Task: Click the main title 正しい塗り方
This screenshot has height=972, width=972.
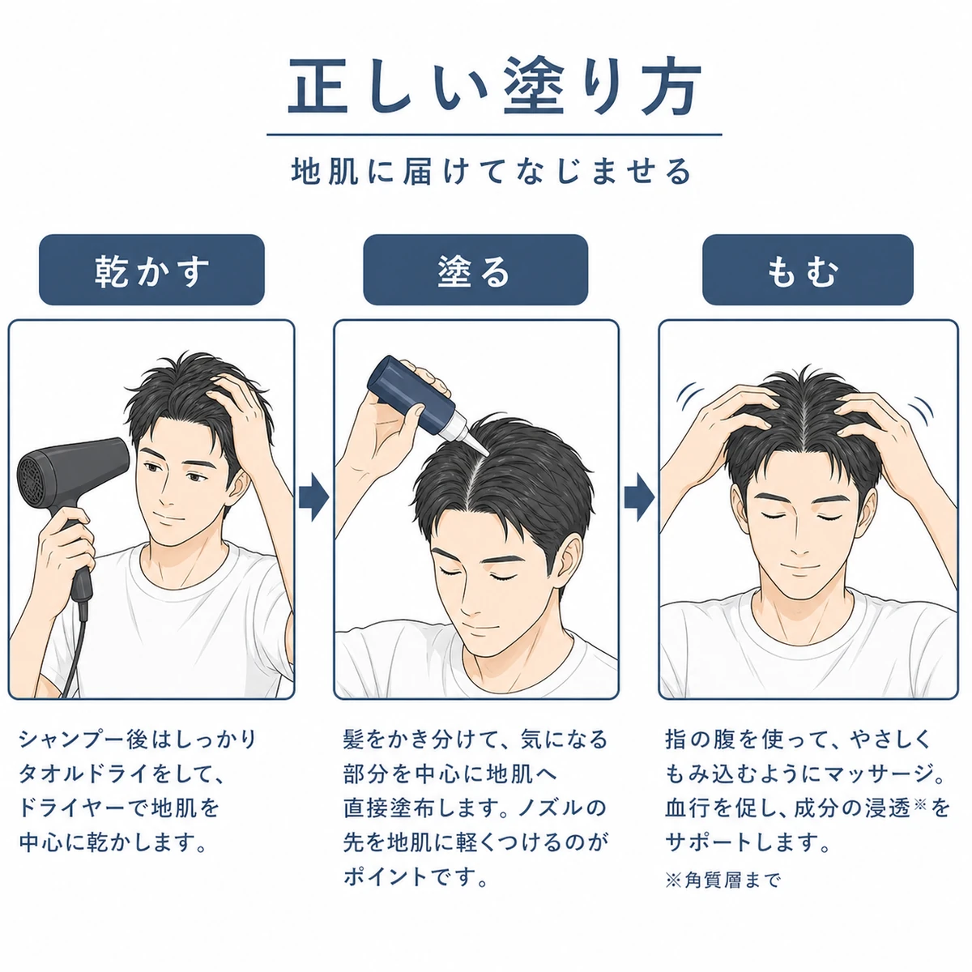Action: [x=494, y=86]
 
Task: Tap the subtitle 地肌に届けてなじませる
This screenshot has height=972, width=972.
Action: [x=492, y=172]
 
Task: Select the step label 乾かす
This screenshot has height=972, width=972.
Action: [x=151, y=271]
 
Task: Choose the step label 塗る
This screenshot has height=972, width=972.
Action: [x=475, y=271]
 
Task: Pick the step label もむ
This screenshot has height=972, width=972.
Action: [x=803, y=271]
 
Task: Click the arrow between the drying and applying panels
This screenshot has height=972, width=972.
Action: [x=313, y=497]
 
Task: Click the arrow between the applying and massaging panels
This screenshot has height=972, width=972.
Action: [x=639, y=497]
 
